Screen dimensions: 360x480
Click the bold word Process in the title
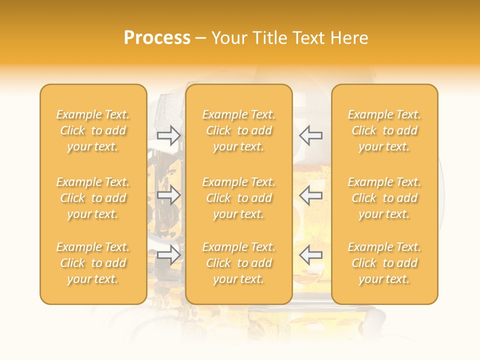coord(157,38)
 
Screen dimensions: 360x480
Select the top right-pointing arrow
coord(169,135)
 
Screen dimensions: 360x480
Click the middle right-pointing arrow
coord(169,195)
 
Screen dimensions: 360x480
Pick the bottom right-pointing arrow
coord(169,255)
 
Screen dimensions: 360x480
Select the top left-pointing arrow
coord(311,135)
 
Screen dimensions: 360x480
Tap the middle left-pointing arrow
coord(311,195)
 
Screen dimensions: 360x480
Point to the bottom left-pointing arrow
coord(311,255)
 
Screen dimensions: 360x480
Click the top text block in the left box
coord(93,130)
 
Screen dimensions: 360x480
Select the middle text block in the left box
coord(93,198)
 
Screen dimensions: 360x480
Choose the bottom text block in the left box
coord(93,263)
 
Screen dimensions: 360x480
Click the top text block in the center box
coord(239,130)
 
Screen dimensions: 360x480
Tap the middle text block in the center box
coord(239,198)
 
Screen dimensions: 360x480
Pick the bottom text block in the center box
coord(239,263)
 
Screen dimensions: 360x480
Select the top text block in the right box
coord(384,130)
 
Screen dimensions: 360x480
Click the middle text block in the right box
coord(384,198)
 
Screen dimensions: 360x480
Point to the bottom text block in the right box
coord(384,263)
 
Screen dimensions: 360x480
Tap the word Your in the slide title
coord(228,38)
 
